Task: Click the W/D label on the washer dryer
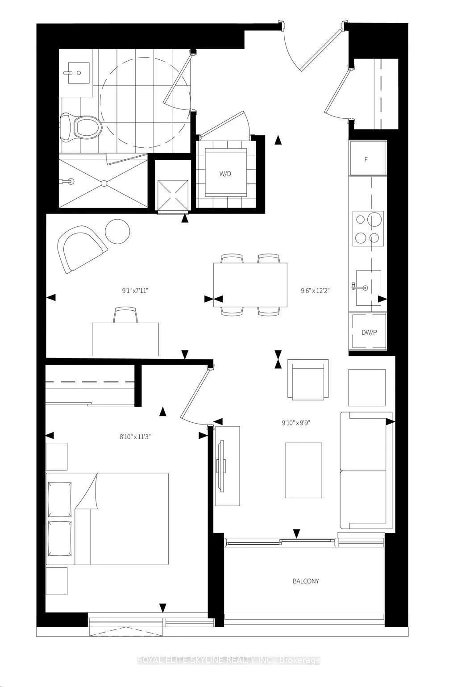coord(225,174)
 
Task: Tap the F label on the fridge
coord(366,159)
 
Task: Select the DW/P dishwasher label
coord(369,333)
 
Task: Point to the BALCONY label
coord(306,581)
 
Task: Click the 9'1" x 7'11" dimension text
coord(135,291)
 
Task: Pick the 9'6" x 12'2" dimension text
coord(315,291)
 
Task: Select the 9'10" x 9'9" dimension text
coord(296,423)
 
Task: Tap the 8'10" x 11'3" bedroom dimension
coord(135,437)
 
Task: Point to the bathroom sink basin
coord(79,73)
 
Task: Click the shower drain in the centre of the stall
coord(104,183)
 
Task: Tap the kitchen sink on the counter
coord(368,287)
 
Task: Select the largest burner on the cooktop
coord(375,220)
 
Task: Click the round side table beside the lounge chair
coord(117,232)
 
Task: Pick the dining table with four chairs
coord(250,285)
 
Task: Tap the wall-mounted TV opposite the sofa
coord(220,466)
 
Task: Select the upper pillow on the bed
coord(60,500)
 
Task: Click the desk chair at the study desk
coord(125,315)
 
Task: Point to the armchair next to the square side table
coord(308,380)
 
